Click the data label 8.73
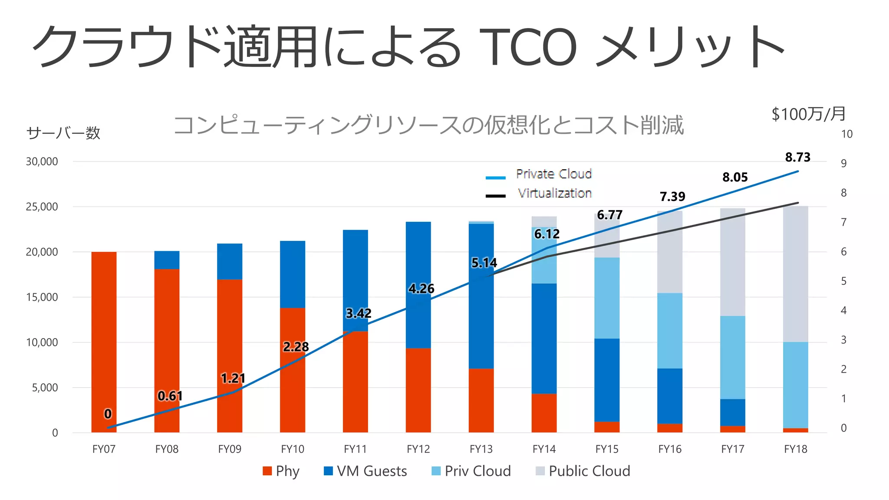[797, 157]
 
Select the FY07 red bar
[104, 343]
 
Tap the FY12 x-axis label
[418, 449]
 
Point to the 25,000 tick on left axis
[42, 207]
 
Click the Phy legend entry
[281, 471]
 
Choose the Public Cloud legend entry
[583, 471]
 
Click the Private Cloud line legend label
[553, 174]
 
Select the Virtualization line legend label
[554, 193]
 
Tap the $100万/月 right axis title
[809, 114]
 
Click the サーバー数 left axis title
[63, 133]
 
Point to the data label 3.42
[358, 313]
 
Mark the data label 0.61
[170, 396]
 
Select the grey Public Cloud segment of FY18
[795, 273]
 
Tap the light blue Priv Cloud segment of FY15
[607, 298]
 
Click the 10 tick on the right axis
[846, 135]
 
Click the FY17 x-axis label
[732, 449]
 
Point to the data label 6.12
[547, 234]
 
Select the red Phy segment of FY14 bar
[544, 413]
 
